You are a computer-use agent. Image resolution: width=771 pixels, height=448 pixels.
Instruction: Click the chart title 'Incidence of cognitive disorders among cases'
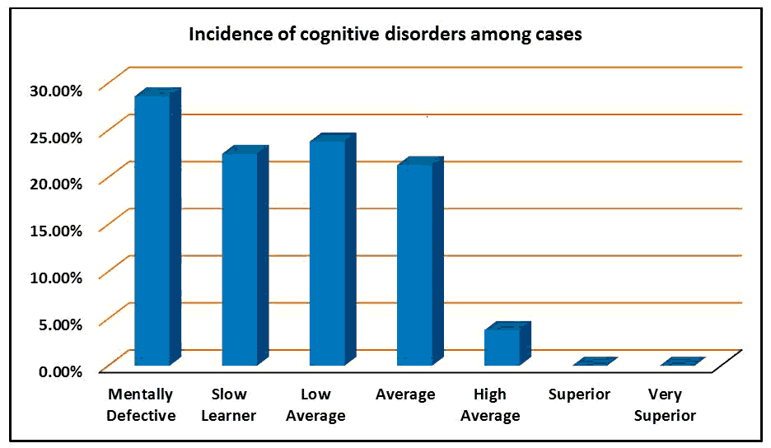[386, 35]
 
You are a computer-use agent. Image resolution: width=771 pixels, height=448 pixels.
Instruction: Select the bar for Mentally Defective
[152, 231]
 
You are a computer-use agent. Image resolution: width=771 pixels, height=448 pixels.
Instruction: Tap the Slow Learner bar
[240, 259]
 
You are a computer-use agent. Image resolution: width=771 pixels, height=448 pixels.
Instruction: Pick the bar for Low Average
[327, 254]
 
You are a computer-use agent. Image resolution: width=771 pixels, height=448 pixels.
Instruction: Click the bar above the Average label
[414, 265]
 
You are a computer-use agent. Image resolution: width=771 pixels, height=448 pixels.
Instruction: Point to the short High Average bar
[502, 347]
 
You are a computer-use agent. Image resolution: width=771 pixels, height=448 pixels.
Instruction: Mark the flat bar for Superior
[594, 362]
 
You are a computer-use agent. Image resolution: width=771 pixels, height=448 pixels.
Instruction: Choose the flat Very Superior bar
[681, 362]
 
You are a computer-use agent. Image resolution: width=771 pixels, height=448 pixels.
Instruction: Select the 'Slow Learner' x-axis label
[229, 405]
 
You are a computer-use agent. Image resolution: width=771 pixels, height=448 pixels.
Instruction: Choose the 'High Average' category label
[490, 405]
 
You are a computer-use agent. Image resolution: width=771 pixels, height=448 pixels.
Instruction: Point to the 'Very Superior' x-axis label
[665, 405]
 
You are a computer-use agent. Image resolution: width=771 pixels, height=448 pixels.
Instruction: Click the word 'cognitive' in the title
[314, 35]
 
